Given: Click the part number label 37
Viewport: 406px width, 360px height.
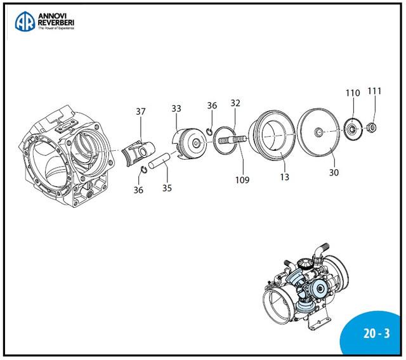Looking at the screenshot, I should (140, 112).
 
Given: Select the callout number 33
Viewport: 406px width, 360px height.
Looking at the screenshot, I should (176, 108).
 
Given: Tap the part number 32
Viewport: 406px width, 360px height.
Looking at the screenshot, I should (235, 103).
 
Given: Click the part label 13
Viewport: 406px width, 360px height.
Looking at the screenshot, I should (285, 177).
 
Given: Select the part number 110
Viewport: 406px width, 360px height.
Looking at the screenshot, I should (353, 93).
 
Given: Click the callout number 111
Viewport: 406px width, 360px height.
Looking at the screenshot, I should (375, 91).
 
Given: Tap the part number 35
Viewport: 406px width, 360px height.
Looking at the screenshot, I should (167, 188).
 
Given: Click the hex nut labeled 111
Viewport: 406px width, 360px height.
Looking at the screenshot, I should (374, 129).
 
